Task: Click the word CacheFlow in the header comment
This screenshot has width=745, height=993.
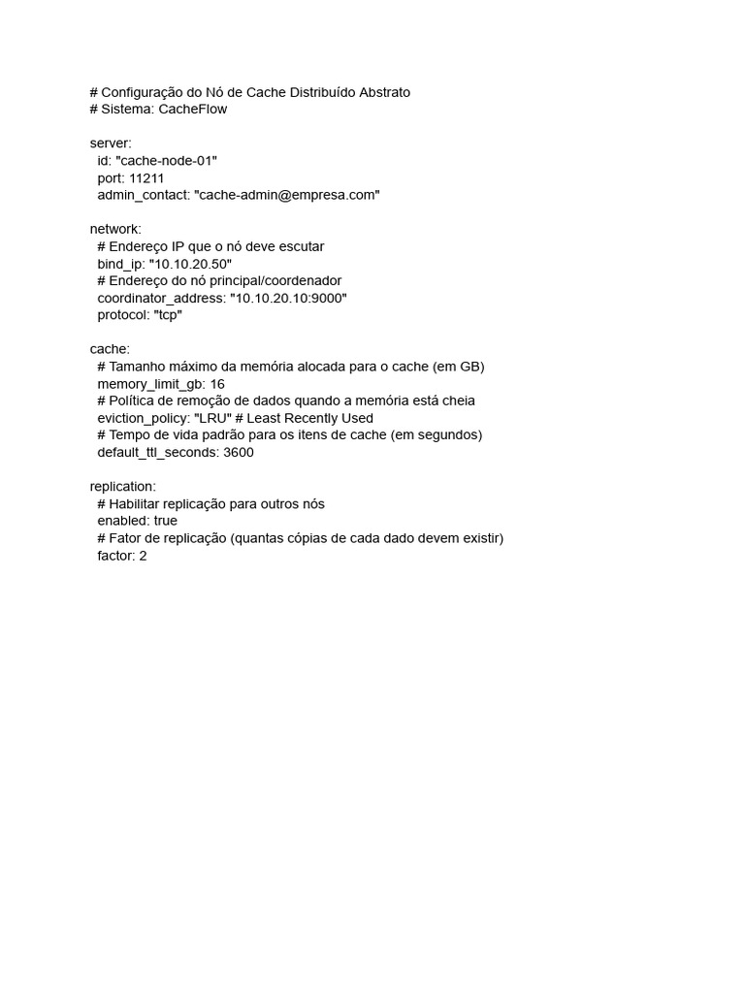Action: point(193,110)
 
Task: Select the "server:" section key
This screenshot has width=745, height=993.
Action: point(111,144)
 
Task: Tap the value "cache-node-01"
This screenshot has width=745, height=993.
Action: point(166,161)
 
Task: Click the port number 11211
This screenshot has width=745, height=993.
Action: point(146,178)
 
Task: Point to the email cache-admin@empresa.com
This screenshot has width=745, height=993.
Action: point(287,195)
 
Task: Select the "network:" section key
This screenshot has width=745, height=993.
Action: point(115,229)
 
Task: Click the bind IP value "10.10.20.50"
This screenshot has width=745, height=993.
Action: point(191,264)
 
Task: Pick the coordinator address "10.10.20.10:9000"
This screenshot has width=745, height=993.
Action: point(288,298)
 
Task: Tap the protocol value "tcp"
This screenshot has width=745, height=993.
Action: point(168,315)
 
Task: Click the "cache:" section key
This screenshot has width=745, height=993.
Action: point(110,349)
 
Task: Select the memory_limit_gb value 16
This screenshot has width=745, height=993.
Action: point(217,384)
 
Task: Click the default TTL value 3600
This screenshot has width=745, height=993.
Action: point(238,452)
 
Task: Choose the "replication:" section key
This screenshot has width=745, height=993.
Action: point(122,486)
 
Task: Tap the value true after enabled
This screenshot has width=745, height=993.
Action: point(159,521)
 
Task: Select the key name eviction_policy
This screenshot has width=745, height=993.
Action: point(143,418)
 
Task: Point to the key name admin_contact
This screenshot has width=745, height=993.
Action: point(143,195)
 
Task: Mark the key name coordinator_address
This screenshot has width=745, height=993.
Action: point(160,298)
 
